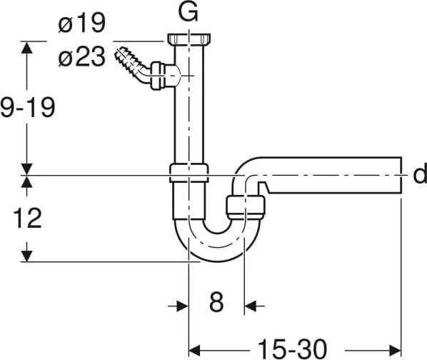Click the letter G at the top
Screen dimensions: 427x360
[188, 11]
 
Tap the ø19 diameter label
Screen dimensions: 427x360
[81, 23]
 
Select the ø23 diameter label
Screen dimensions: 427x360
[81, 56]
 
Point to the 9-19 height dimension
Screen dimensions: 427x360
[28, 108]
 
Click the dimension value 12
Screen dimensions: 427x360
[27, 218]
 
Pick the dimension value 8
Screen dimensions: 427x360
[216, 302]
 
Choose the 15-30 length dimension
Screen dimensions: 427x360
[292, 349]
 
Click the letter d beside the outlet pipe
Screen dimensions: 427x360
[420, 175]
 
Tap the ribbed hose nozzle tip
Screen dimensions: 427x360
[120, 53]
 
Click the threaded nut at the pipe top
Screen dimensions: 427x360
[189, 40]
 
